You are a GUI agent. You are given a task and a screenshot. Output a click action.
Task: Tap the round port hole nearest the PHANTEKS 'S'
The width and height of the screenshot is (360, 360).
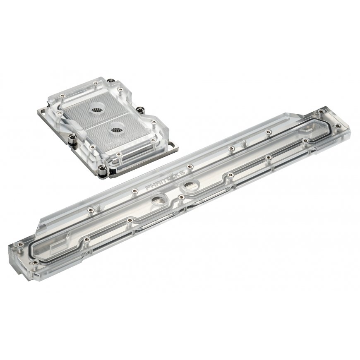click(x=190, y=185)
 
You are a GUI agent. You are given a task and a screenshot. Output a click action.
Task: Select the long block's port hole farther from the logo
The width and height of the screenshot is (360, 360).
click(x=158, y=199)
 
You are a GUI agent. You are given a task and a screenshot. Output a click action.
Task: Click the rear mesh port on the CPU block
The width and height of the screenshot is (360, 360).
click(x=97, y=108)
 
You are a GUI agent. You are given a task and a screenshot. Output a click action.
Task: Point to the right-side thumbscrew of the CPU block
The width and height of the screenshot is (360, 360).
click(x=139, y=110)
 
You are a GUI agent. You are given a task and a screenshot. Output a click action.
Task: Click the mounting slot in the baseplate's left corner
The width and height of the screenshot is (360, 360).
click(x=42, y=112)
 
